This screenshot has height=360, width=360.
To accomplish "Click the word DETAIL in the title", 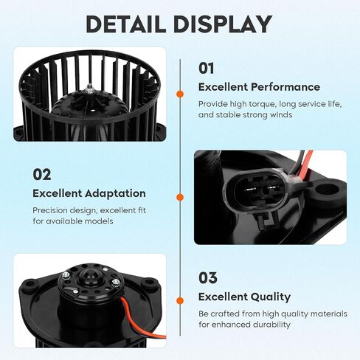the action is pyautogui.click(x=125, y=24).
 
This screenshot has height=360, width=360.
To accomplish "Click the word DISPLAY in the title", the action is pyautogui.click(x=223, y=24).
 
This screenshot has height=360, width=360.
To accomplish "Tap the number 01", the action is pyautogui.click(x=206, y=68).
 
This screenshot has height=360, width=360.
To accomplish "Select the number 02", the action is pyautogui.click(x=42, y=175).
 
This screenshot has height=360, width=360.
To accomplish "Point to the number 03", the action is pyautogui.click(x=208, y=278).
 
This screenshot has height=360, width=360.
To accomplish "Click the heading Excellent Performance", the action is pyautogui.click(x=259, y=87).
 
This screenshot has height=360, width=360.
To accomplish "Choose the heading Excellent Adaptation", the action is pyautogui.click(x=89, y=193).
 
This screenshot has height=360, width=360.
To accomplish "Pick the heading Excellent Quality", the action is pyautogui.click(x=244, y=297).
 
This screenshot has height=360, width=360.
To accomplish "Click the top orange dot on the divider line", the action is pyautogui.click(x=180, y=94).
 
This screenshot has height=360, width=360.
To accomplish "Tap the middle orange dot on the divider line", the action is pyautogui.click(x=180, y=197).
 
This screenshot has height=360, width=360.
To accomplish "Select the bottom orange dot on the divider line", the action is pyautogui.click(x=180, y=300).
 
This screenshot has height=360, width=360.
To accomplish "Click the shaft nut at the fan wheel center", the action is pyautogui.click(x=89, y=90).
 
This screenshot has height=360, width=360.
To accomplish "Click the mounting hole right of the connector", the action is pyautogui.click(x=328, y=189).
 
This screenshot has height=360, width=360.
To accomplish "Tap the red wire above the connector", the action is pyautogui.click(x=305, y=163).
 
